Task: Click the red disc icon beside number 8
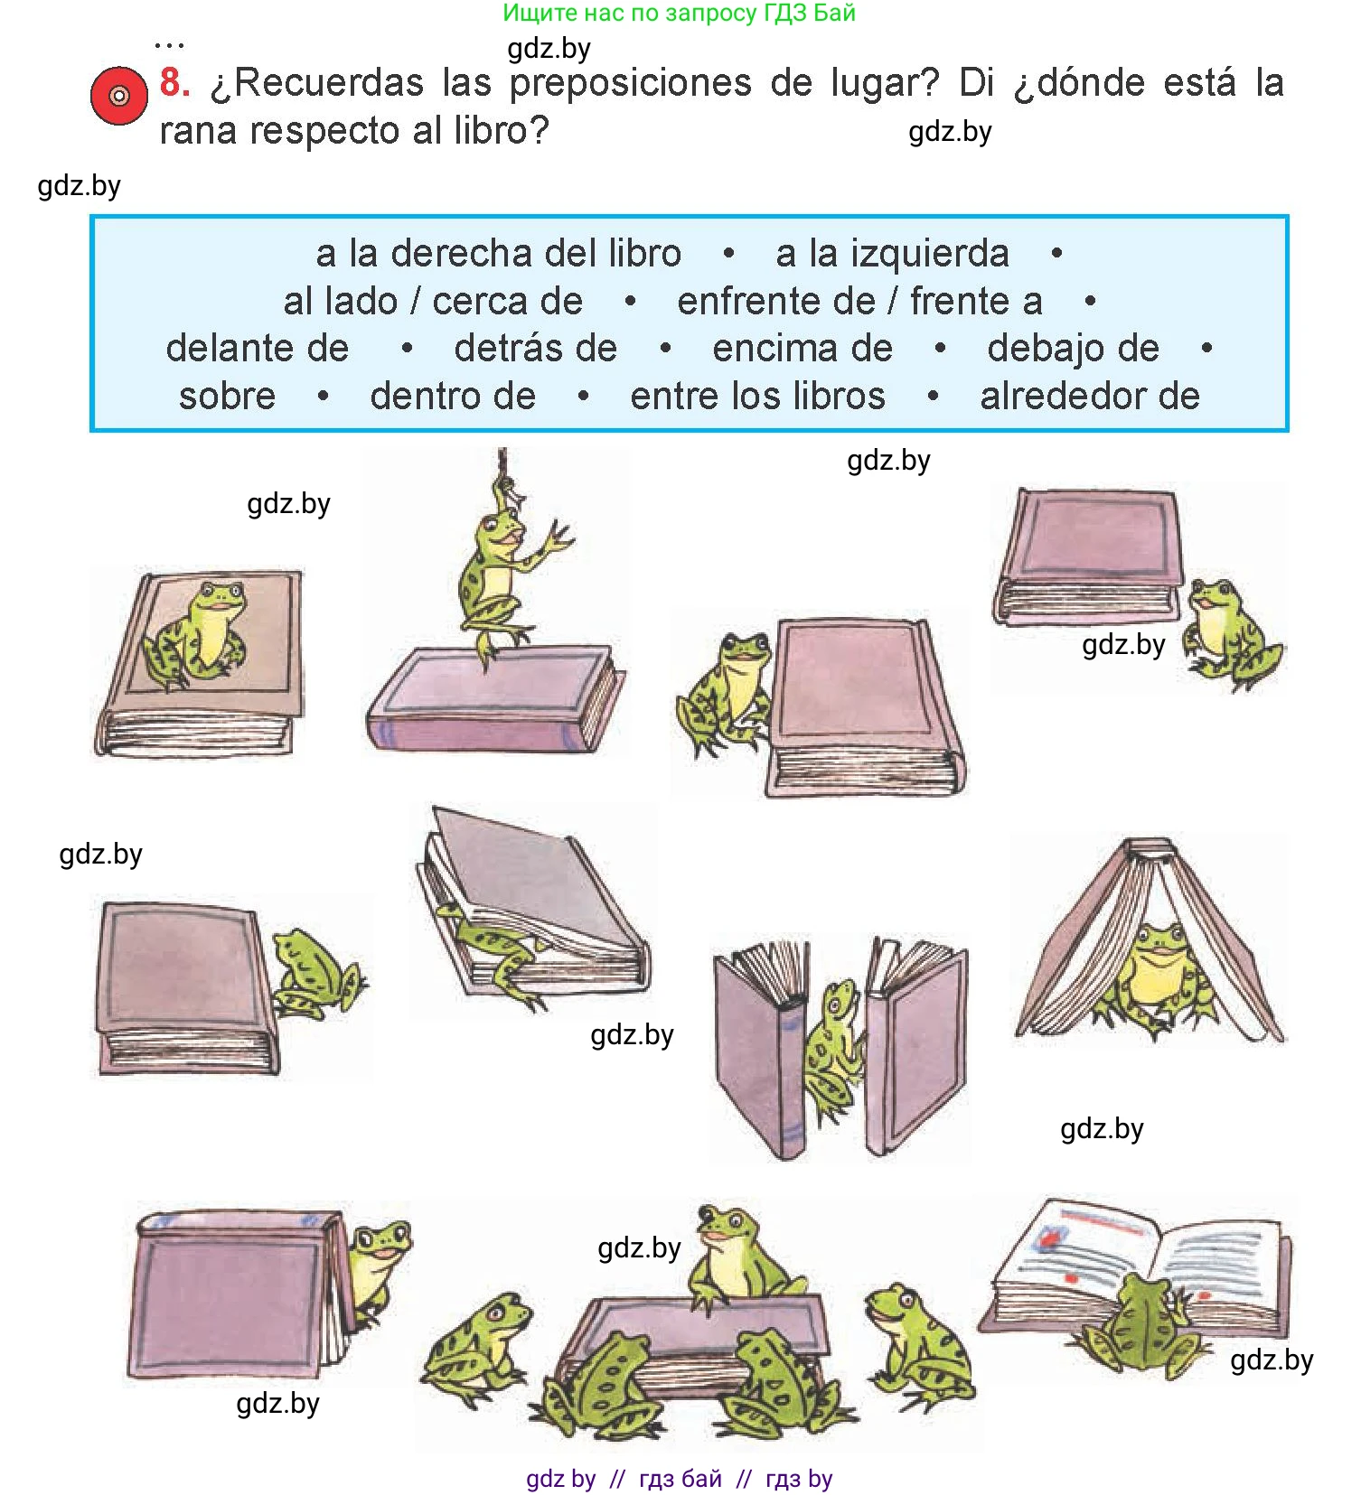tap(118, 96)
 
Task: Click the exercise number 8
tap(174, 82)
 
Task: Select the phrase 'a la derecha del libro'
tap(498, 253)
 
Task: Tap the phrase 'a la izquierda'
tap(892, 253)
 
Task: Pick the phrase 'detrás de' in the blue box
tap(536, 348)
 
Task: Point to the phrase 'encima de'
tap(803, 348)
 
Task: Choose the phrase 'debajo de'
tap(1073, 349)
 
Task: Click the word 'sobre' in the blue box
tap(227, 396)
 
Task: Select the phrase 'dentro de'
tap(453, 396)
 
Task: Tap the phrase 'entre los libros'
tap(757, 396)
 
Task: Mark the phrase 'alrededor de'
tap(1090, 396)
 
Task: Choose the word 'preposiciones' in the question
tap(631, 84)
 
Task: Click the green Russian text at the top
tap(679, 14)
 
